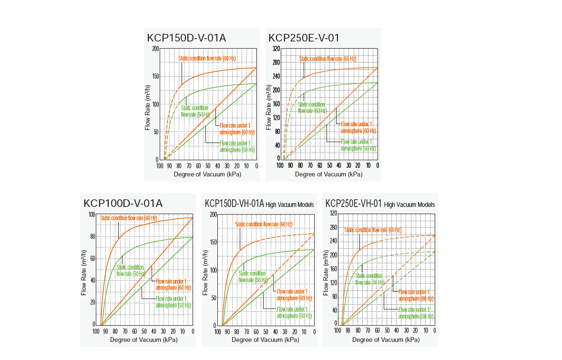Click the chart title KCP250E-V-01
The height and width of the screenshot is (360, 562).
304,38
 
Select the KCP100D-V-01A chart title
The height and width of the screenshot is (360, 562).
123,204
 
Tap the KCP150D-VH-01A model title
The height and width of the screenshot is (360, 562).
235,204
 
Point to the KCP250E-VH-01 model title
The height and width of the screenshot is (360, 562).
354,204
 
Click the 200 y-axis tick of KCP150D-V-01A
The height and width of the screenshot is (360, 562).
155,49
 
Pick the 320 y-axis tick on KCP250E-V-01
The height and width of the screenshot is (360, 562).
276,49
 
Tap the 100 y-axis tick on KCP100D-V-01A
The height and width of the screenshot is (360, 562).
92,214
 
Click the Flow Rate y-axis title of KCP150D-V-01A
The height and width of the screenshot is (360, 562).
148,107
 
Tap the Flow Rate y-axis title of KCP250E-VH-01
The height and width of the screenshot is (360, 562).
328,272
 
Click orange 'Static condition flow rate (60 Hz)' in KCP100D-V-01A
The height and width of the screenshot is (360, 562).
129,218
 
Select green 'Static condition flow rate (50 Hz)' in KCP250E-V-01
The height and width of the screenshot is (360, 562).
312,107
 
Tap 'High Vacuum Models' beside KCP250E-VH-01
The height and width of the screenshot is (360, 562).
409,205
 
